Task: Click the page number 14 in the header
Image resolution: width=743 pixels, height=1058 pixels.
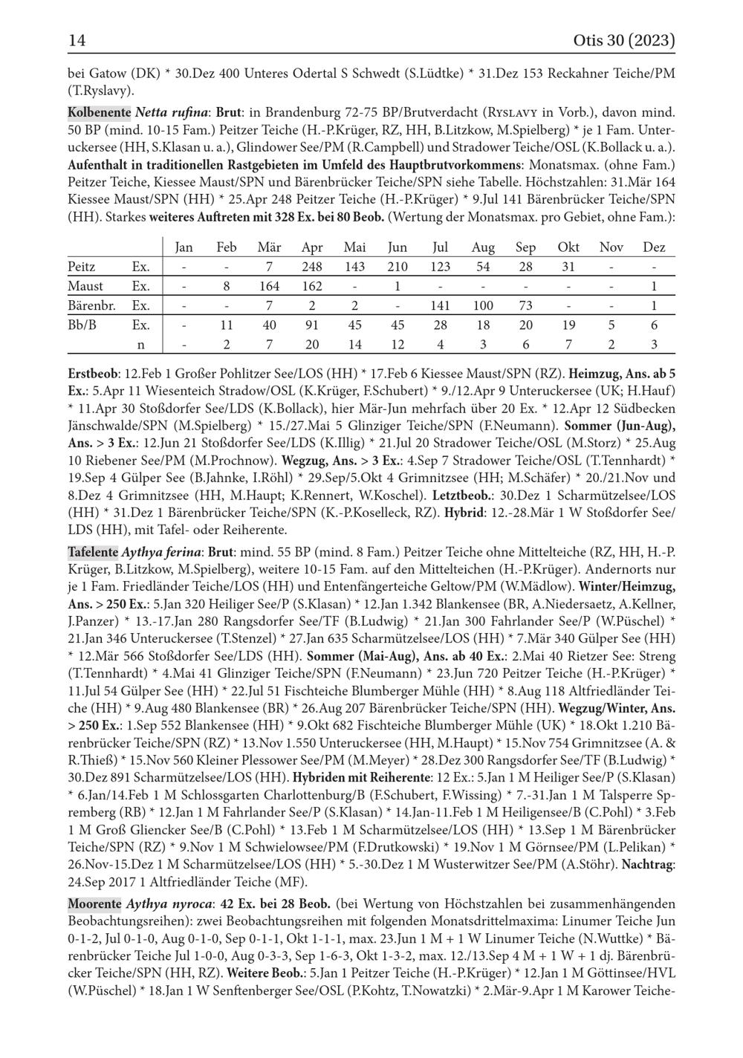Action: (77, 40)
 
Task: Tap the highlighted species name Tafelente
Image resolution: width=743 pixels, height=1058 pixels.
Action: (93, 552)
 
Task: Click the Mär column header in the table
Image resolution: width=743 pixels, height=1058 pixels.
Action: (269, 247)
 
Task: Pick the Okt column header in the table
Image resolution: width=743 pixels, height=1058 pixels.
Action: (568, 247)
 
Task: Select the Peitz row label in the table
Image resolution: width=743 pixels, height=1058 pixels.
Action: (81, 267)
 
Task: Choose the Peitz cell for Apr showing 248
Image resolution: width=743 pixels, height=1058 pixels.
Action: (312, 267)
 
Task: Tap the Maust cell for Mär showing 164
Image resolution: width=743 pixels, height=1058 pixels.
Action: (269, 286)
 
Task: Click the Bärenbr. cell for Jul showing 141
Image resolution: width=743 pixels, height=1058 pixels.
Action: (440, 305)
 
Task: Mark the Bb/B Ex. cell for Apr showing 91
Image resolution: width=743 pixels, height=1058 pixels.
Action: (312, 325)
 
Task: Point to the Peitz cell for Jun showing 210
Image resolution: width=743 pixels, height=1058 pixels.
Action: (398, 267)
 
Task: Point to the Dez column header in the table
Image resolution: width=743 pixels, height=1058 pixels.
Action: (654, 247)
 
